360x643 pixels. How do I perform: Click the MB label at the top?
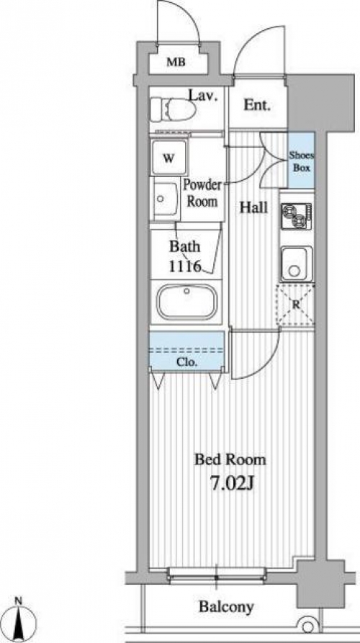tap(176, 63)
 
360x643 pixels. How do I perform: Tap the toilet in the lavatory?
tap(172, 109)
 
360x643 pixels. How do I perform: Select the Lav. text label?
tap(202, 96)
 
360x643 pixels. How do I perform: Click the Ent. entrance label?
tap(257, 105)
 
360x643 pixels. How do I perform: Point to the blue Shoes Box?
tap(301, 160)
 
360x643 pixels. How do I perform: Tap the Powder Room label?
tap(202, 193)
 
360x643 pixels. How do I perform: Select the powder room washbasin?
tap(165, 200)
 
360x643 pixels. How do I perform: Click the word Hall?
tap(253, 207)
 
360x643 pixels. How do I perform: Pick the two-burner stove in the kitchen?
tap(297, 216)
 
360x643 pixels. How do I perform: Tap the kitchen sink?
tap(297, 264)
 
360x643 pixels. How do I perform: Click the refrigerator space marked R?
tap(296, 305)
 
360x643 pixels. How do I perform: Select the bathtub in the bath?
tap(187, 302)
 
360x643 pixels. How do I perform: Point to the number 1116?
tap(184, 267)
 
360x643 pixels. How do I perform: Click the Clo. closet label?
tap(187, 362)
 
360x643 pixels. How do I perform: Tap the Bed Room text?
tap(230, 459)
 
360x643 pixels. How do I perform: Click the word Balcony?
tap(226, 607)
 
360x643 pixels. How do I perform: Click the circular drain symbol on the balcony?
tap(307, 626)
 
